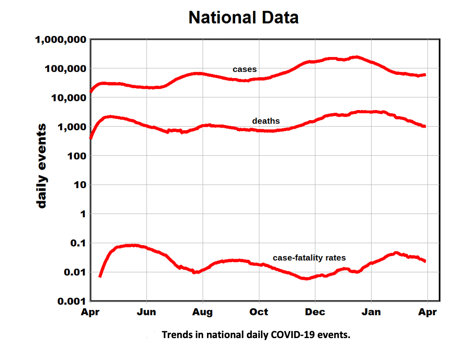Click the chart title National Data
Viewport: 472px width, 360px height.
point(243,18)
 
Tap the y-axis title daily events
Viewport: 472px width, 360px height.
point(41,166)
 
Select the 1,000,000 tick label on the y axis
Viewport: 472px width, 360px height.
point(60,39)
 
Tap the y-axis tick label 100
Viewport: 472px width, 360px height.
point(75,156)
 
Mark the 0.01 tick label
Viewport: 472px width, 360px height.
point(73,272)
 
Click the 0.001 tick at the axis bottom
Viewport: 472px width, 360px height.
point(70,301)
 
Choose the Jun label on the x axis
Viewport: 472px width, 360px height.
point(146,312)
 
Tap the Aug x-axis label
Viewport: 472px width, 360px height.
point(202,312)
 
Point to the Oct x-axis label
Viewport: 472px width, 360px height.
point(259,312)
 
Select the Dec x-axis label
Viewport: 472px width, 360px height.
point(315,312)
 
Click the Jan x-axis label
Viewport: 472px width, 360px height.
point(371,312)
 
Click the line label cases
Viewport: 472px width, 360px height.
point(244,69)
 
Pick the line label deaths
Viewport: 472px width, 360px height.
point(266,121)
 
